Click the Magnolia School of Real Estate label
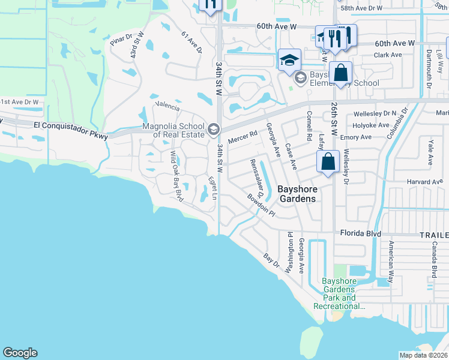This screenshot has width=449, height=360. [173, 130]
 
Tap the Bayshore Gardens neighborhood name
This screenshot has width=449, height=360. [297, 194]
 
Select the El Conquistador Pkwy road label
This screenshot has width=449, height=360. [71, 130]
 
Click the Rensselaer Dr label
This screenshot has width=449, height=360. [257, 179]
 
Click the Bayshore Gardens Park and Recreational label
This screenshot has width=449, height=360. [339, 293]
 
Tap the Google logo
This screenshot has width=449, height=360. [20, 353]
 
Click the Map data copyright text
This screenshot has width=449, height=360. [424, 355]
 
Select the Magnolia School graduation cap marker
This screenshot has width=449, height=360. [213, 129]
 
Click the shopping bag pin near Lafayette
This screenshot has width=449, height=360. [328, 162]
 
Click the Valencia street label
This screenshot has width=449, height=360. [167, 107]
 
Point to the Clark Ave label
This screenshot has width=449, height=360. [388, 55]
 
